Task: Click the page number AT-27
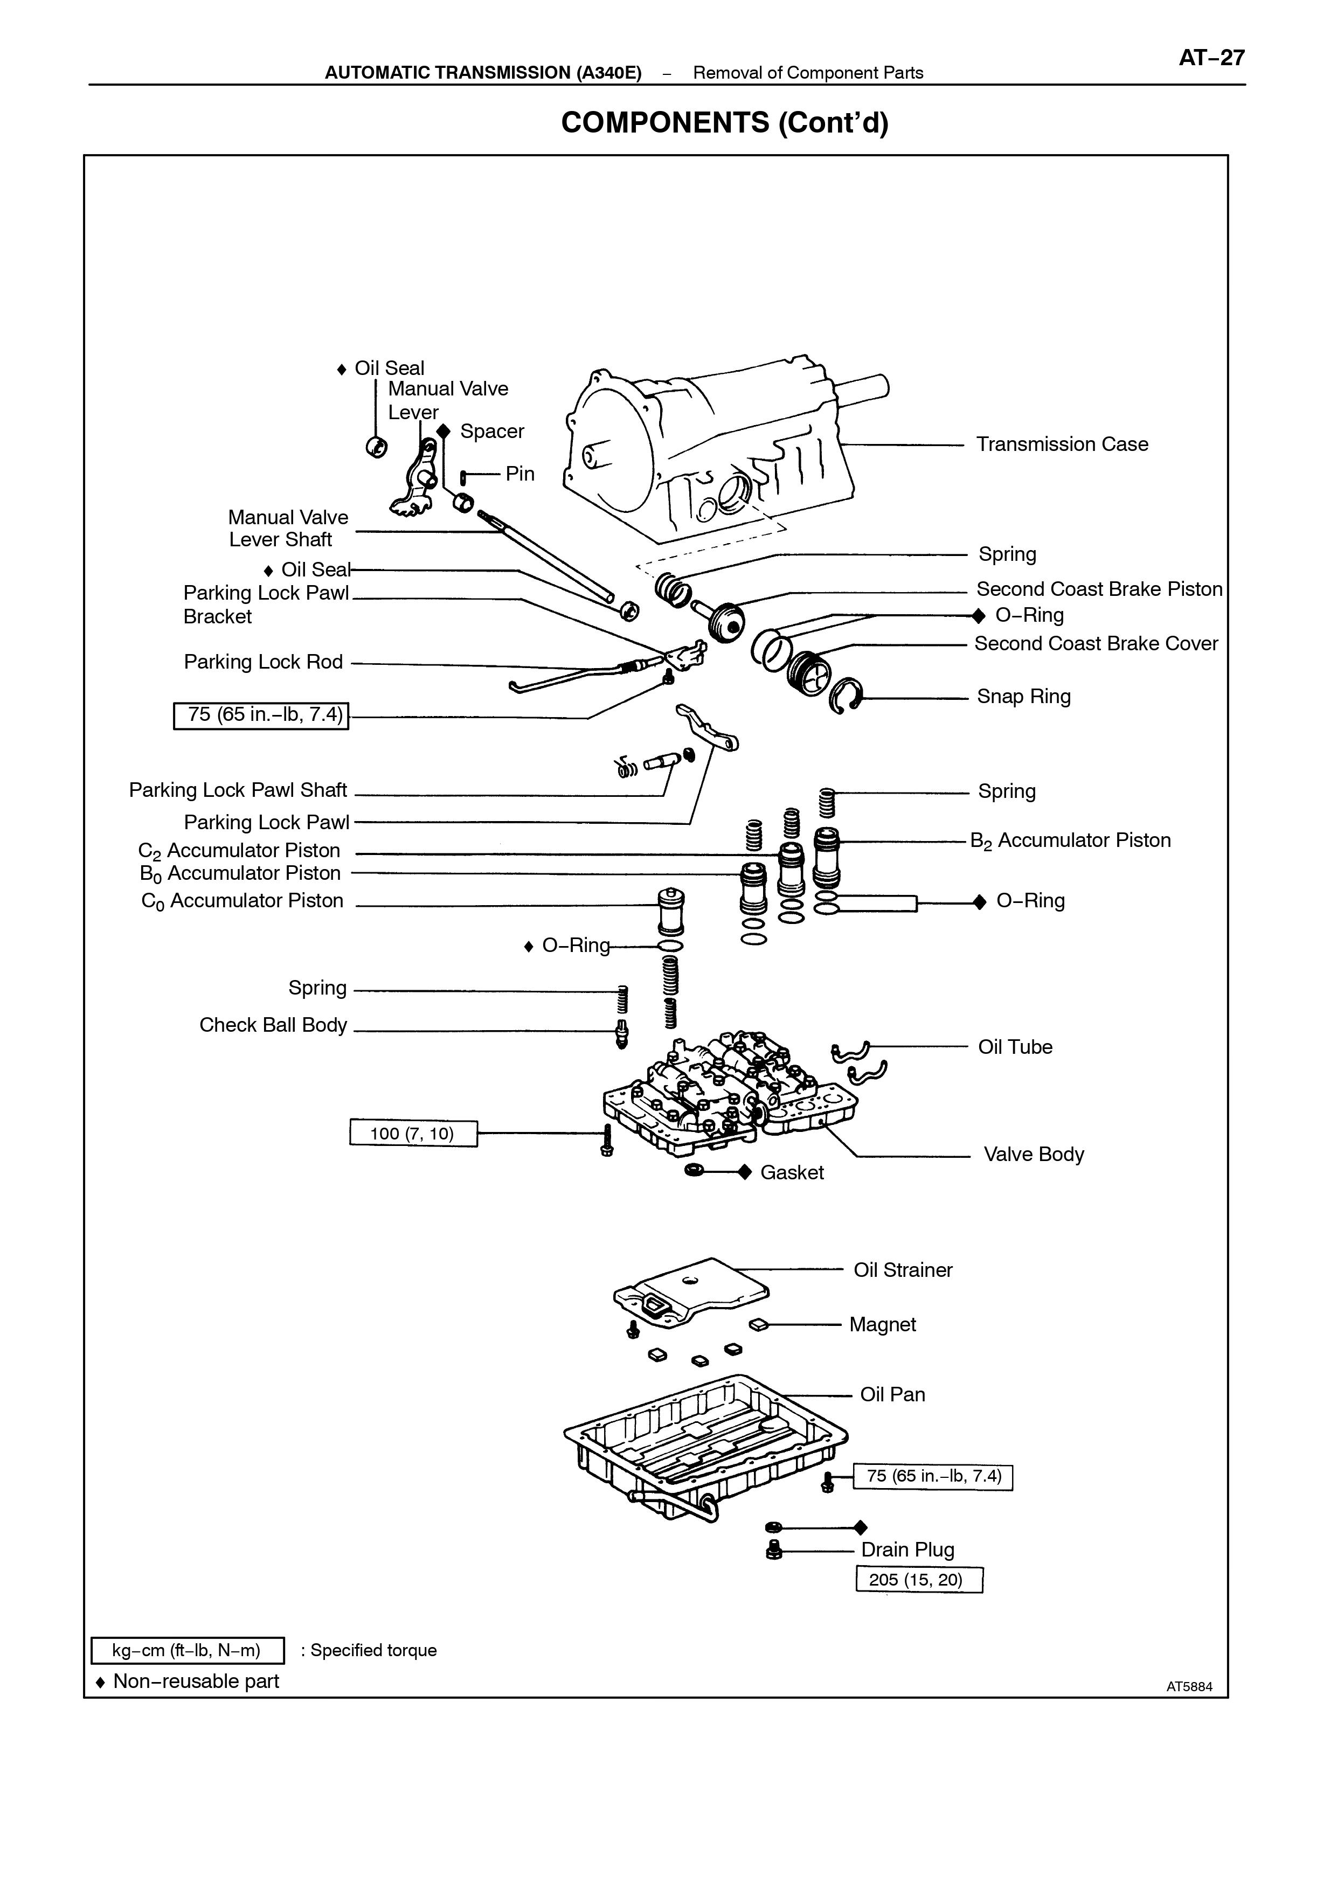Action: click(x=1212, y=58)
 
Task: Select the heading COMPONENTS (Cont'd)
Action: click(x=724, y=123)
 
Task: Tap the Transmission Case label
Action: click(x=1062, y=444)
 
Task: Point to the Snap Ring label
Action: click(x=1023, y=697)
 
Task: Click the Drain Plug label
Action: click(x=908, y=1550)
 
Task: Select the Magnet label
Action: click(x=883, y=1324)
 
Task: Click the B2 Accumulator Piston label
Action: click(x=1070, y=840)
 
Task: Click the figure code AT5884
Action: click(x=1190, y=1687)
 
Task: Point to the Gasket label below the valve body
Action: click(x=792, y=1172)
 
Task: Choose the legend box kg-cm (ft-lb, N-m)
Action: click(x=187, y=1650)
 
